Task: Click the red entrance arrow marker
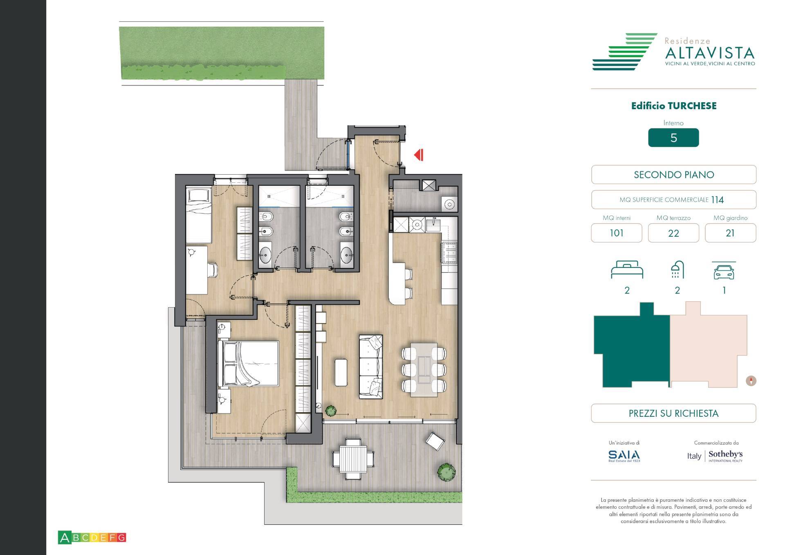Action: coord(419,155)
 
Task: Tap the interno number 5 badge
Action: coord(673,138)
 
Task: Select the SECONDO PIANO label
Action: coord(673,175)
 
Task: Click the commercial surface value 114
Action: coord(717,200)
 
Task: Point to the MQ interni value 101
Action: coord(616,233)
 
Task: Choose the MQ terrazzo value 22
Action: coord(673,233)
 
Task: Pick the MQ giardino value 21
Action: coord(730,233)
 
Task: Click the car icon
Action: coord(724,271)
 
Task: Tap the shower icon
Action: coord(677,270)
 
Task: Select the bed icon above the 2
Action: coord(627,270)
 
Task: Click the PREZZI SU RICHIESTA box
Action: coord(673,413)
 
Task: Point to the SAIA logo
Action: coord(624,455)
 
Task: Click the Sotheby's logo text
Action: coord(725,454)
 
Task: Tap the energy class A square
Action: coord(64,537)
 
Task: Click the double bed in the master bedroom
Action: coord(249,364)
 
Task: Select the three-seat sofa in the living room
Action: coord(371,366)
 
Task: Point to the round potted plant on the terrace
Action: coord(446,472)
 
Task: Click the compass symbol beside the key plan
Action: coord(751,381)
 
